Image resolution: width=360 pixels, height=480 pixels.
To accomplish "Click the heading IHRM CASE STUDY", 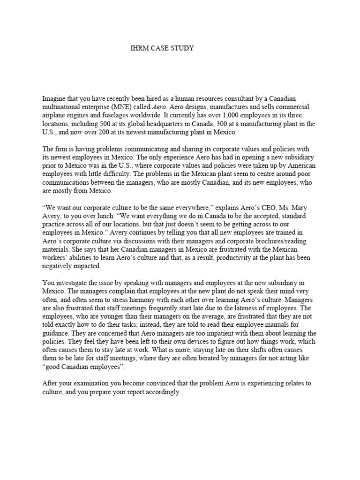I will tap(161, 48).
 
